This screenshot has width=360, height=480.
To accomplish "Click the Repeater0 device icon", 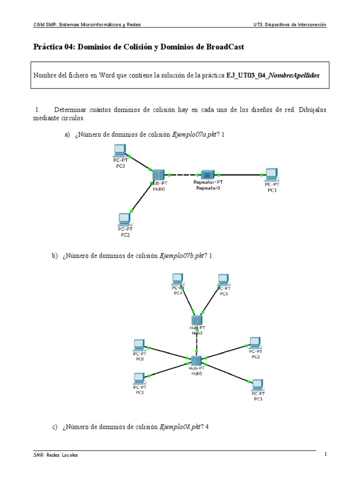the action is tap(207, 174).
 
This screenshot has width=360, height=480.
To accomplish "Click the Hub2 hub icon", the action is tap(197, 321).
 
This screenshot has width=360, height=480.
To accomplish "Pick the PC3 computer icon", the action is tap(257, 386).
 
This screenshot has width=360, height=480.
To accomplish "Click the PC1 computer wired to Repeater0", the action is tap(270, 175).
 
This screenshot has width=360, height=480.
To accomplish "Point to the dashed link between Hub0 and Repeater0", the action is tap(184, 174).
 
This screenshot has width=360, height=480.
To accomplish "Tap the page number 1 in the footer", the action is tap(325, 455).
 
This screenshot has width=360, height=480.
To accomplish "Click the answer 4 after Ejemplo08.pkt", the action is tap(207, 427).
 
